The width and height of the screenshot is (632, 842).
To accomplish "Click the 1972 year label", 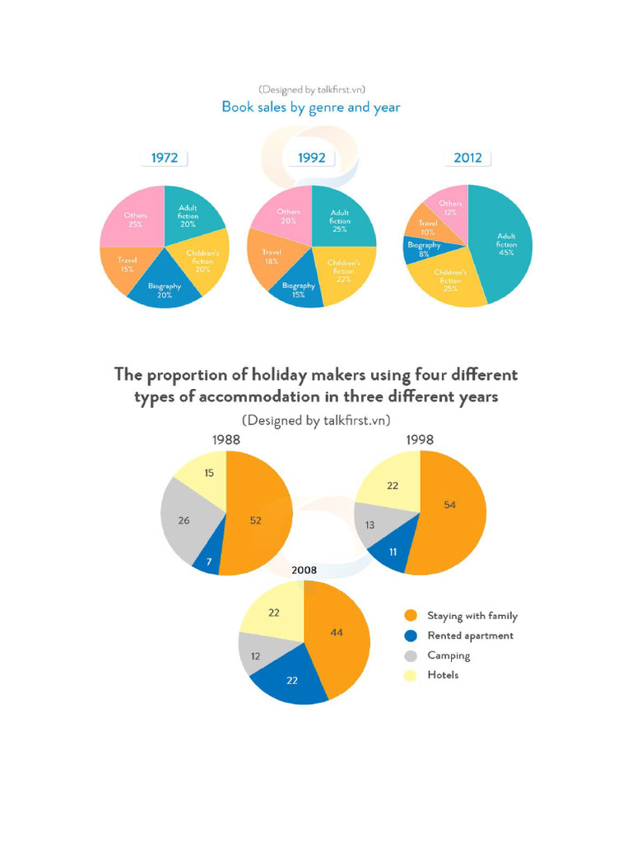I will tap(165, 158).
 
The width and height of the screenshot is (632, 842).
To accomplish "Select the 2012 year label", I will tap(467, 158).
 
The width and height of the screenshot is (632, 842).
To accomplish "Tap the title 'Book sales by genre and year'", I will tap(311, 107).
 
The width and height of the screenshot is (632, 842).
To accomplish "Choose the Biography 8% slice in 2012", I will tap(423, 249).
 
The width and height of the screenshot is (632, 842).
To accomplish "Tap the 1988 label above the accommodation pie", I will tap(226, 440).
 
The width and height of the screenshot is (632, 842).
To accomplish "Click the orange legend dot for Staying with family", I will tap(411, 616).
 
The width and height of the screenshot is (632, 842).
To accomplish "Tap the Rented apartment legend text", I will tap(470, 636).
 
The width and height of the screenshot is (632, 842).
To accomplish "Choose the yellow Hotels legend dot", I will tap(411, 675).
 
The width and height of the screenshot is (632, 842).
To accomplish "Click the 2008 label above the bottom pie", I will tap(304, 570).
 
